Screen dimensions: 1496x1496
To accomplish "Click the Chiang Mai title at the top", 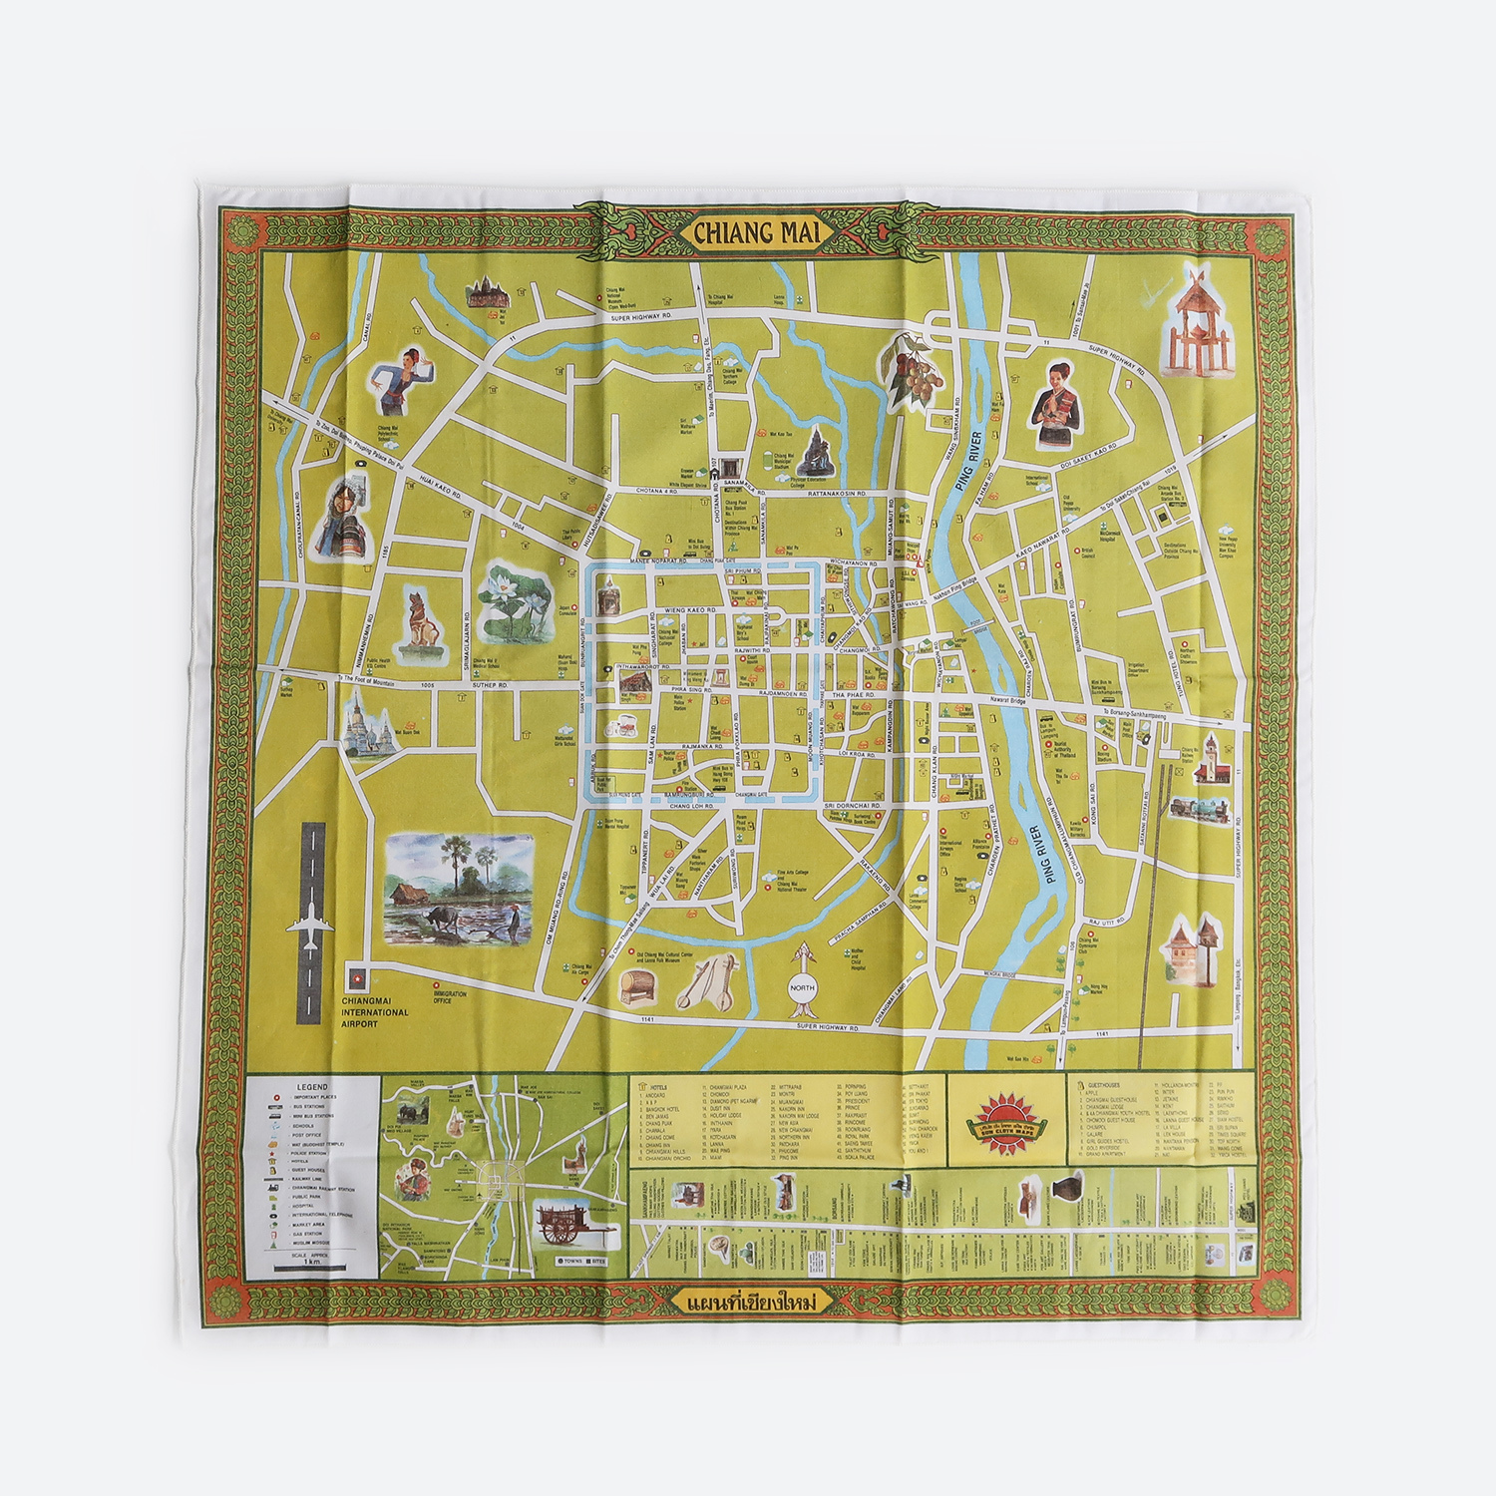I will click(749, 233).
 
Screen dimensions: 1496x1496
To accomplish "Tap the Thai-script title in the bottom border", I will click(746, 1304).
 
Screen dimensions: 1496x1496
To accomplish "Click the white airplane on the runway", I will click(310, 927).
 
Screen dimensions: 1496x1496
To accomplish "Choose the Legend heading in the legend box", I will click(312, 1086).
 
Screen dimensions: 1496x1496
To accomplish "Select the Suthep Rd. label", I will click(490, 685).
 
